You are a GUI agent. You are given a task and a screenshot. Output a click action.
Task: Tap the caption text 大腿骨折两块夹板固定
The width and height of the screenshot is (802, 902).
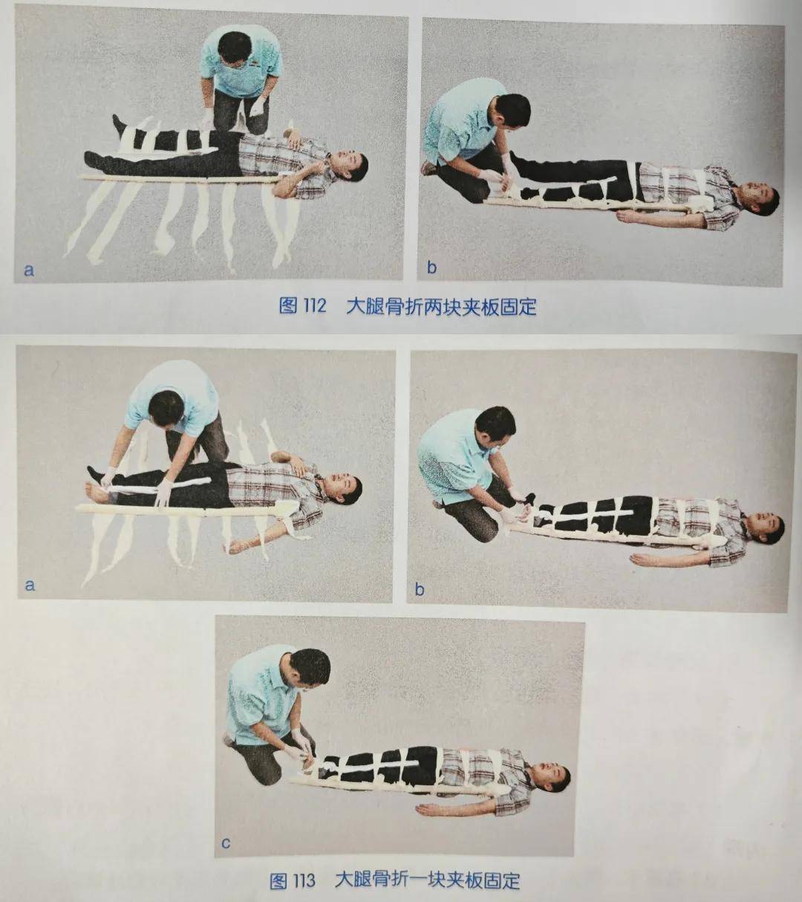point(441,306)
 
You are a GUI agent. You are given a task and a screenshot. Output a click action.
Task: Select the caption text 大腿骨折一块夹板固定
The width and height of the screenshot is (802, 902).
point(427,881)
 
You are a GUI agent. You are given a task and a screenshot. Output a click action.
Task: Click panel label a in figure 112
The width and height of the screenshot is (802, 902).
point(29,270)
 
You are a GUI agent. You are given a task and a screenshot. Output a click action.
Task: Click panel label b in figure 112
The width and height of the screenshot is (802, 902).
point(431,267)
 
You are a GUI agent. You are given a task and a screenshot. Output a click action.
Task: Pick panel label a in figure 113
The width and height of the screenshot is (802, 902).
point(30,585)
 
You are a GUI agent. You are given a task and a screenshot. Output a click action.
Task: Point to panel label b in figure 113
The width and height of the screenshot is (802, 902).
point(420,590)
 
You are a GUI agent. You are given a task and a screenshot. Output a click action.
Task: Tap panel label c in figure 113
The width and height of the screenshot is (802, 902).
point(226,843)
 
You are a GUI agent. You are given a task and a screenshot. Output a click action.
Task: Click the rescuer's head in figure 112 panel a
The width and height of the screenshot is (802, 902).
point(234,48)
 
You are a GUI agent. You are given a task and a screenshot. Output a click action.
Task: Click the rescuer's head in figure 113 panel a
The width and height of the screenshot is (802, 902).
point(166,408)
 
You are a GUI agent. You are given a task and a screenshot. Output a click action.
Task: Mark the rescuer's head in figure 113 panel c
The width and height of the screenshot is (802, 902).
point(310,666)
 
